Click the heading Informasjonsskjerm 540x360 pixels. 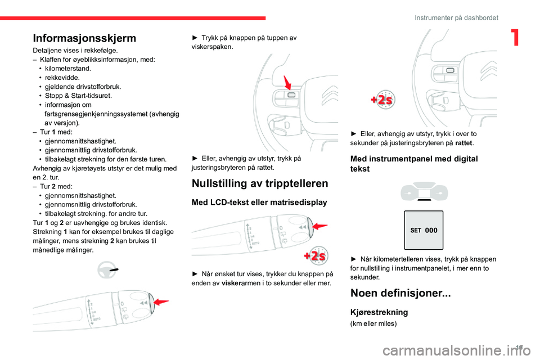(84, 38)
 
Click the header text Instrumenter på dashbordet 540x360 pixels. (456, 18)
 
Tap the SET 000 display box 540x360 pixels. (424, 230)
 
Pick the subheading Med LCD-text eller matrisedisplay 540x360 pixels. (260, 202)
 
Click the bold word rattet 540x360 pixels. (463, 143)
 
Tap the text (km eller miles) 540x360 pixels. (373, 323)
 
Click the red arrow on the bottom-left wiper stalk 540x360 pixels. (160, 302)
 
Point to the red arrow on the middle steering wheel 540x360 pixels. (288, 83)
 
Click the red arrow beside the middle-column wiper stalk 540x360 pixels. (318, 226)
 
